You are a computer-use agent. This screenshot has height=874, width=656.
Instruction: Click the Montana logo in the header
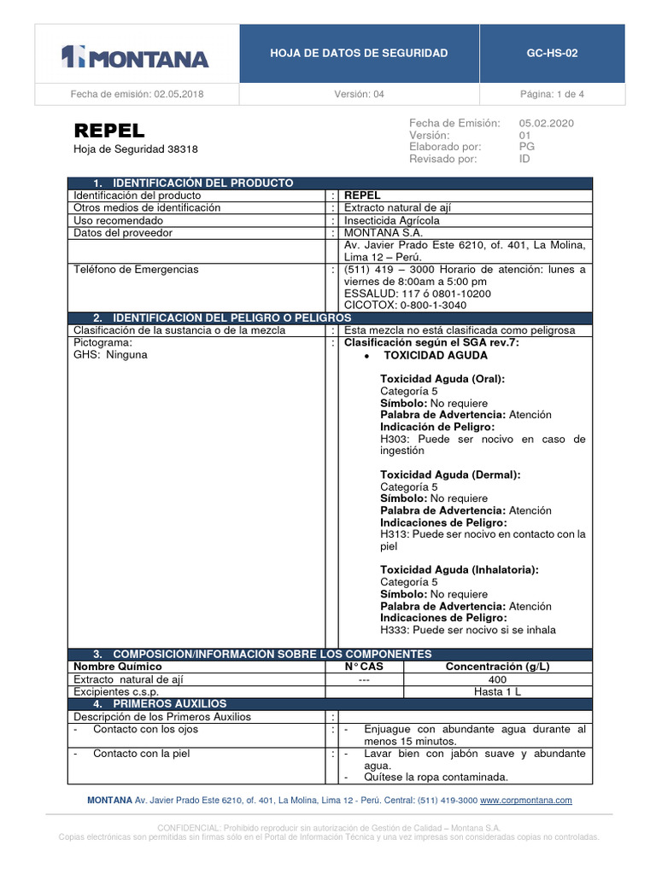point(135,57)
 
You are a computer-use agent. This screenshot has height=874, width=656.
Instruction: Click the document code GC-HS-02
point(552,53)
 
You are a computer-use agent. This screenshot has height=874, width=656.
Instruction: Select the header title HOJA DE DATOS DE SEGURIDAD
point(359,53)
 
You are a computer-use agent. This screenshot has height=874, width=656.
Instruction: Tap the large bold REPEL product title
point(109,131)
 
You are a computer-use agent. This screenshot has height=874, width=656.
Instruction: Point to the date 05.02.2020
point(546,123)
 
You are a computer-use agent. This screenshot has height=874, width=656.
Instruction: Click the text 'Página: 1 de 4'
point(552,94)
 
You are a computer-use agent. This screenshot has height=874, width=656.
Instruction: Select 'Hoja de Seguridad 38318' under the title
point(136,149)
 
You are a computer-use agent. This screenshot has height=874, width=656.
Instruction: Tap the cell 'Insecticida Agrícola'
point(392,220)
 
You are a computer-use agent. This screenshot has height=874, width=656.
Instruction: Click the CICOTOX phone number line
point(405,305)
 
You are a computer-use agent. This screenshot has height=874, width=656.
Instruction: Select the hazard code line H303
point(483,439)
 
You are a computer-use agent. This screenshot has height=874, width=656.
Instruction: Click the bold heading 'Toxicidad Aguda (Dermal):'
point(450,475)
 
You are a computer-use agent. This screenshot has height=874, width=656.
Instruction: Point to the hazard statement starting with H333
point(467,630)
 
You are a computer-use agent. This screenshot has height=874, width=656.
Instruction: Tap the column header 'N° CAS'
point(364,667)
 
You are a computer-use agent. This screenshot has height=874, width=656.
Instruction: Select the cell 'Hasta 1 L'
point(497,691)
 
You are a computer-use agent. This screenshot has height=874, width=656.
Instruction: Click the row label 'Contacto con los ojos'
point(145,729)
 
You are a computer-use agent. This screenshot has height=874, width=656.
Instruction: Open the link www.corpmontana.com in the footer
point(525,801)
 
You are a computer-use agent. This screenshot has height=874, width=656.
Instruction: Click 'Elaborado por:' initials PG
point(527,147)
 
